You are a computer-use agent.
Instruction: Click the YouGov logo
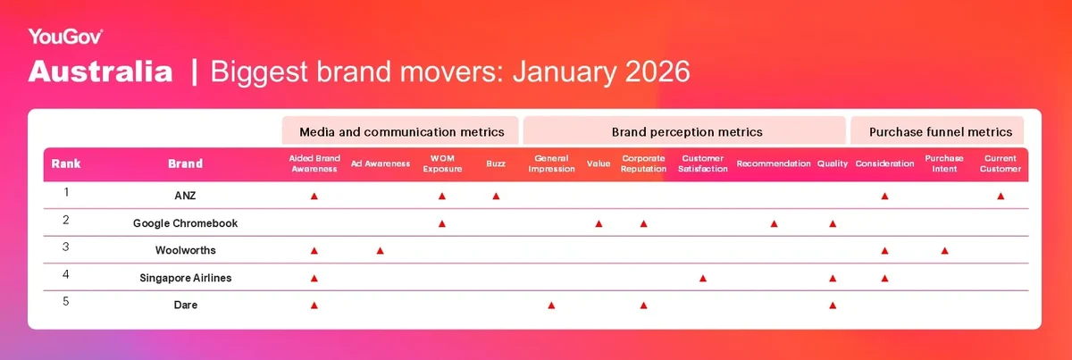pyautogui.click(x=65, y=37)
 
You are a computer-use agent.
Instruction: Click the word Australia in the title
pyautogui.click(x=100, y=71)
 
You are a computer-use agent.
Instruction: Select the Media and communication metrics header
pyautogui.click(x=401, y=131)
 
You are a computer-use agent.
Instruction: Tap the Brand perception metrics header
pyautogui.click(x=687, y=131)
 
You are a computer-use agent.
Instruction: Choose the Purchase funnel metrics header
pyautogui.click(x=941, y=131)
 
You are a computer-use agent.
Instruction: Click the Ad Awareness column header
pyautogui.click(x=380, y=163)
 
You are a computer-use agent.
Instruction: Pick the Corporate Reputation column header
pyautogui.click(x=643, y=163)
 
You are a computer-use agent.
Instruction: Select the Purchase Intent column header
pyautogui.click(x=943, y=163)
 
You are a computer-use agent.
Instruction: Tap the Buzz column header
pyautogui.click(x=496, y=163)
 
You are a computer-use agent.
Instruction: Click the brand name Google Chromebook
pyautogui.click(x=185, y=223)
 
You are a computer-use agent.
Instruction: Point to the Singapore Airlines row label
pyautogui.click(x=185, y=278)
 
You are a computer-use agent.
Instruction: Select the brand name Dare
pyautogui.click(x=185, y=305)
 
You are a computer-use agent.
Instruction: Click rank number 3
pyautogui.click(x=65, y=247)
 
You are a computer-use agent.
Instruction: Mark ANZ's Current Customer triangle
pyautogui.click(x=1001, y=197)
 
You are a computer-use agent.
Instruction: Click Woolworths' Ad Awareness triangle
pyautogui.click(x=380, y=251)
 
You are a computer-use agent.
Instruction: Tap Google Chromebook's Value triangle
pyautogui.click(x=599, y=223)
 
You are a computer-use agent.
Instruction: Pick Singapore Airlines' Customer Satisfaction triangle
pyautogui.click(x=702, y=278)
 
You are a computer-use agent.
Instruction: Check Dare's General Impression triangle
pyautogui.click(x=551, y=306)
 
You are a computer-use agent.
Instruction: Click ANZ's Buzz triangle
pyautogui.click(x=496, y=197)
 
